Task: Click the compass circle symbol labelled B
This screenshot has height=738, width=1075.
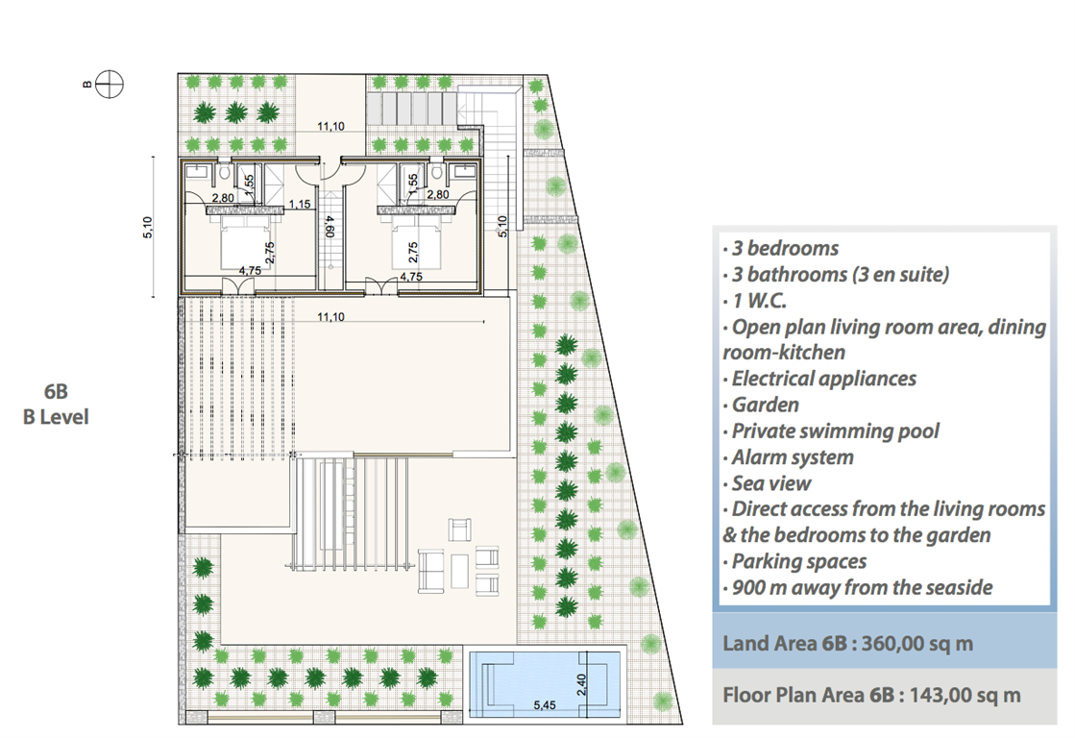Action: (x=109, y=85)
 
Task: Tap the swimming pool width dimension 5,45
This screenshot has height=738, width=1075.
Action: (x=545, y=705)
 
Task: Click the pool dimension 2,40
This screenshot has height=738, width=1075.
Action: (x=581, y=684)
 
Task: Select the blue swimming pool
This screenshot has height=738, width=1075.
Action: (x=545, y=685)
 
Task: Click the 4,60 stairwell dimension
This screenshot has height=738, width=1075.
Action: (x=330, y=227)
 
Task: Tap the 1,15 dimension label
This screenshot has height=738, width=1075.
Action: (x=300, y=204)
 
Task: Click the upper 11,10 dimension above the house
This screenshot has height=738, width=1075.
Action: (x=330, y=126)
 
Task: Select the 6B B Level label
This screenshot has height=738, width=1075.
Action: (x=56, y=404)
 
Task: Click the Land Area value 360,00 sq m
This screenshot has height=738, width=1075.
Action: (x=917, y=644)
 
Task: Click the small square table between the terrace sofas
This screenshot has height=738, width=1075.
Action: (x=459, y=572)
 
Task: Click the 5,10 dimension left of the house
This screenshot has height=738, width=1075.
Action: (x=148, y=227)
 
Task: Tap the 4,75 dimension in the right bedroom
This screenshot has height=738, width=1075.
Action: (x=410, y=277)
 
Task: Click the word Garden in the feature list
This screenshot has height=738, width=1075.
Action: (x=765, y=405)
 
